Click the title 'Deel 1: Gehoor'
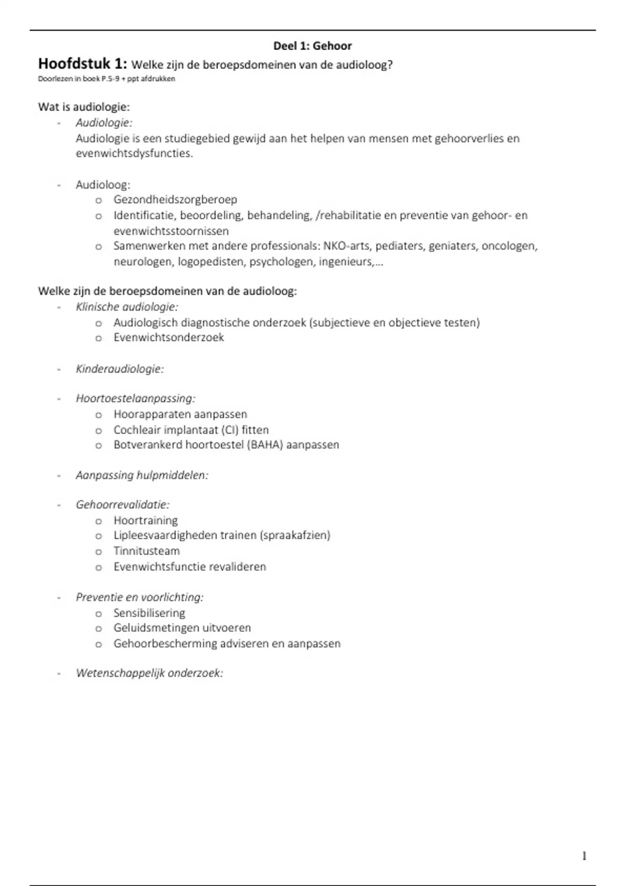coord(312,46)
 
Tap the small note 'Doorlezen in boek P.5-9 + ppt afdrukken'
coord(106,79)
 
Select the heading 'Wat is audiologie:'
coord(84,107)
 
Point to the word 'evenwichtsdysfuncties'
coord(134,154)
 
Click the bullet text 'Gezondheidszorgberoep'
coord(175,200)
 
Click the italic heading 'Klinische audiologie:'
coord(127,307)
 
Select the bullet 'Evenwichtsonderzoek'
coord(168,338)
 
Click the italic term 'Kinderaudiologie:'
coord(120,369)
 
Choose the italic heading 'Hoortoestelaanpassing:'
coord(136,399)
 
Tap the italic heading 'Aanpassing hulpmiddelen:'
coord(142,475)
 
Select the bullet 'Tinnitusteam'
coord(147,551)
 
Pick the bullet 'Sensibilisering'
coord(149,613)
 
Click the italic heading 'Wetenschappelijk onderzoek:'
coord(149,673)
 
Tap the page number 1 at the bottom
coord(584,856)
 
